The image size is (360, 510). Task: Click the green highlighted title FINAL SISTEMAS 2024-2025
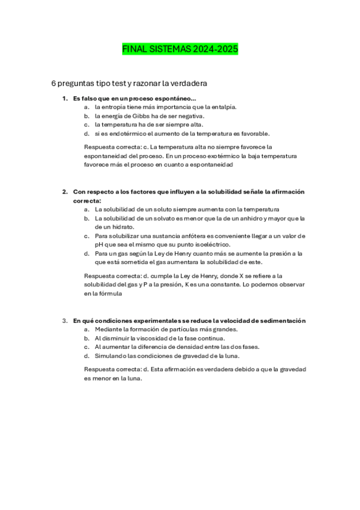point(180,49)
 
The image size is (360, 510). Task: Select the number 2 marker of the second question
point(64,192)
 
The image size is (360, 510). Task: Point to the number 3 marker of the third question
point(64,321)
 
